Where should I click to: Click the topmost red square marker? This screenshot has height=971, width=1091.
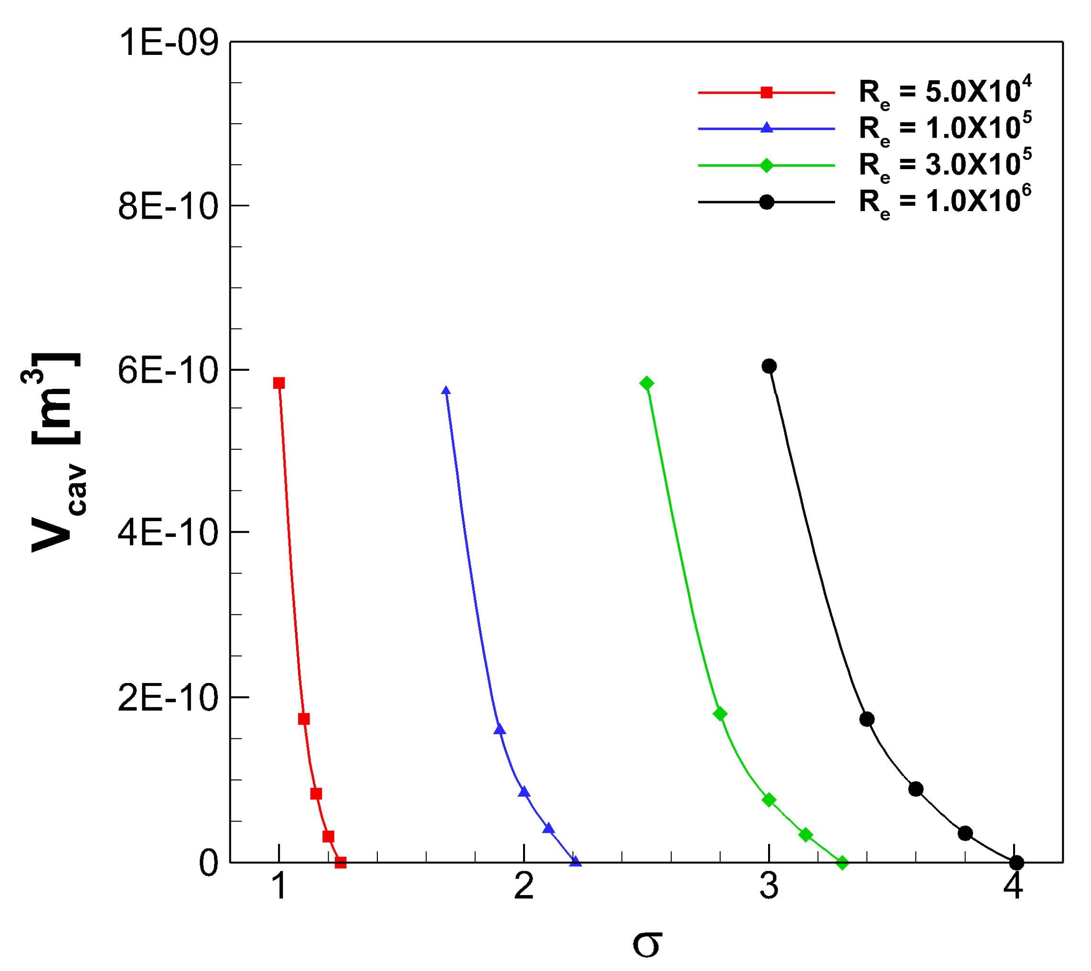tap(278, 383)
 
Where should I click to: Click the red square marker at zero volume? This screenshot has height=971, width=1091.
tap(341, 862)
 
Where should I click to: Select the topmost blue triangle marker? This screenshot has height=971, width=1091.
tap(446, 391)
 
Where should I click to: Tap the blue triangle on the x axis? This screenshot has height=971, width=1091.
tap(575, 862)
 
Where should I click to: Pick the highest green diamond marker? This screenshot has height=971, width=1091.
tap(646, 383)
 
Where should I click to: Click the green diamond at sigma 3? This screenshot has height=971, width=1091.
tap(769, 800)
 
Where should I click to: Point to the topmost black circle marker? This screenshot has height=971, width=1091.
tap(769, 366)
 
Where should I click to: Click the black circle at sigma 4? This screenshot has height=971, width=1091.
tap(1017, 862)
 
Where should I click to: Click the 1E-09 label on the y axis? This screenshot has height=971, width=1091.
tap(169, 43)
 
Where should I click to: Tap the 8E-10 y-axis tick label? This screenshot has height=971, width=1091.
tap(169, 207)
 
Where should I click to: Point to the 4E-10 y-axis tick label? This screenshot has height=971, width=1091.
tap(169, 532)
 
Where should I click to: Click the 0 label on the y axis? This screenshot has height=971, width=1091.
tap(209, 863)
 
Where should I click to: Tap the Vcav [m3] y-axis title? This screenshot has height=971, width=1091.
tap(56, 454)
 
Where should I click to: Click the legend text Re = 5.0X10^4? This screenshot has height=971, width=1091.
tap(945, 92)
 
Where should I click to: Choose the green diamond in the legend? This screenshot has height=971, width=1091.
tap(767, 165)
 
